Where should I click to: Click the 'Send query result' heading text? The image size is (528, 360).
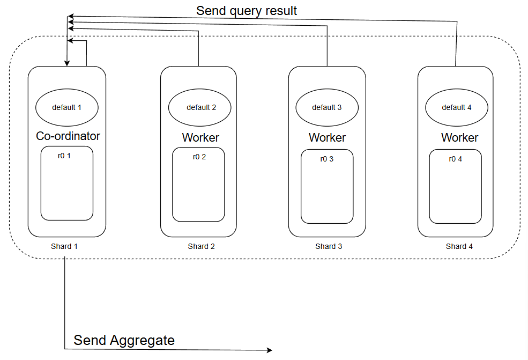[247, 10]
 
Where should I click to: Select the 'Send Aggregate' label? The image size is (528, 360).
[124, 340]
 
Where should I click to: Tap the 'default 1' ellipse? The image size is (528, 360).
[67, 107]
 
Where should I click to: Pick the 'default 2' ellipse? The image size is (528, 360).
[200, 107]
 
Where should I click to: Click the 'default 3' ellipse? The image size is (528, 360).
[327, 107]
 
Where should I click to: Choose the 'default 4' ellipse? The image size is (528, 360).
[457, 107]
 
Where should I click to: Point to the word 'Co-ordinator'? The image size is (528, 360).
[68, 136]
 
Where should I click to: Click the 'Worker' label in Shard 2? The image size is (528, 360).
[200, 137]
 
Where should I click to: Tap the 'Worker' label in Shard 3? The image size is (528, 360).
[328, 137]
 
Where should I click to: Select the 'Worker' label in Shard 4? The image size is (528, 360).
[460, 137]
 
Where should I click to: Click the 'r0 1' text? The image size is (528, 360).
[64, 156]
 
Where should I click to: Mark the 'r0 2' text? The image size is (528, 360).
[199, 157]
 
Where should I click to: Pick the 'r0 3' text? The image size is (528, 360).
[327, 159]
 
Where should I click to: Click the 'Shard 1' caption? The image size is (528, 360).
[64, 246]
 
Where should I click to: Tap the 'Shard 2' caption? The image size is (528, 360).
[202, 246]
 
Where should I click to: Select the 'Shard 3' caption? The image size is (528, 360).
[329, 246]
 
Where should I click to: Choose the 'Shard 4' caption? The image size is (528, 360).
[459, 246]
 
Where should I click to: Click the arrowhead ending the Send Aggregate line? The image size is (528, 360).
[270, 350]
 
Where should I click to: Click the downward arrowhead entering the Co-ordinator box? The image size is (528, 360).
[67, 63]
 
